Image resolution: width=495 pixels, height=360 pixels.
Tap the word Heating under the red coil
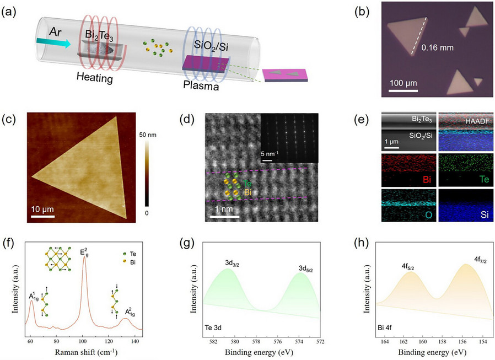click(x=94, y=79)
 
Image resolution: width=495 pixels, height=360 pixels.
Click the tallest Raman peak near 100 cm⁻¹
click(x=84, y=257)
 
